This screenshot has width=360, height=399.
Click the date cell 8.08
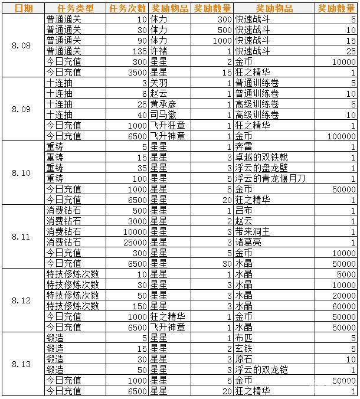22,45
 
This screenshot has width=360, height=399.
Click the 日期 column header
22,8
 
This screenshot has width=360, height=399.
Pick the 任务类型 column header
74,8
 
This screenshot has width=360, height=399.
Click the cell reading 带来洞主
251,232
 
